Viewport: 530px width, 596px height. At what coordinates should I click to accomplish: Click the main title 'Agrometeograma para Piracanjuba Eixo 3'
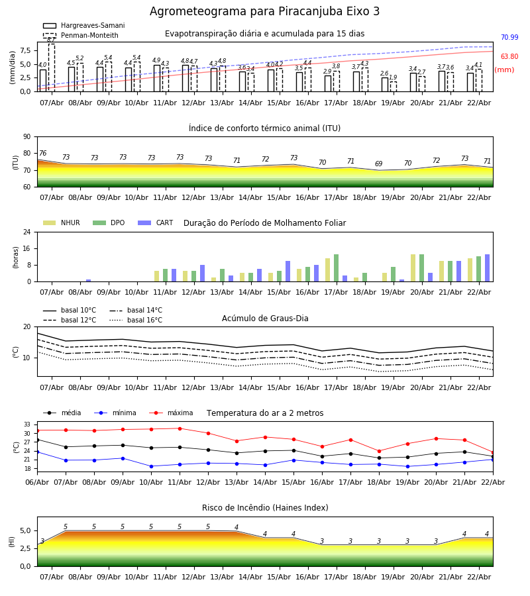[x=264, y=12]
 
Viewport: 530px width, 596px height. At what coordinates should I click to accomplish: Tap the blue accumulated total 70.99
[x=509, y=38]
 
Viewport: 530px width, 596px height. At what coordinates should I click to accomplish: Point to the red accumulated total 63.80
[x=509, y=57]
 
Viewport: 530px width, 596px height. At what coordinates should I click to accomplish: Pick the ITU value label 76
[x=42, y=154]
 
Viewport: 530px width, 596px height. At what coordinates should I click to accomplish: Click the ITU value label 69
[x=378, y=164]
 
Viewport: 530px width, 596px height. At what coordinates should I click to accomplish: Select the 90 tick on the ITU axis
[x=26, y=137]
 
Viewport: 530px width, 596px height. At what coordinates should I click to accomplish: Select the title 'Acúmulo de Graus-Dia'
[x=265, y=319]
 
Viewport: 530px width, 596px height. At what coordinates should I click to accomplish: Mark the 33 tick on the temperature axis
[x=26, y=424]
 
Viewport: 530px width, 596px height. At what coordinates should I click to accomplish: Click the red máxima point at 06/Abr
[x=37, y=430]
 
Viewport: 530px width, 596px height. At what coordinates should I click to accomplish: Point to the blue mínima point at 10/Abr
[x=151, y=466]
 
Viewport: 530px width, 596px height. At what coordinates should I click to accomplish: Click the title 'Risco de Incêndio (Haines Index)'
[x=265, y=508]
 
